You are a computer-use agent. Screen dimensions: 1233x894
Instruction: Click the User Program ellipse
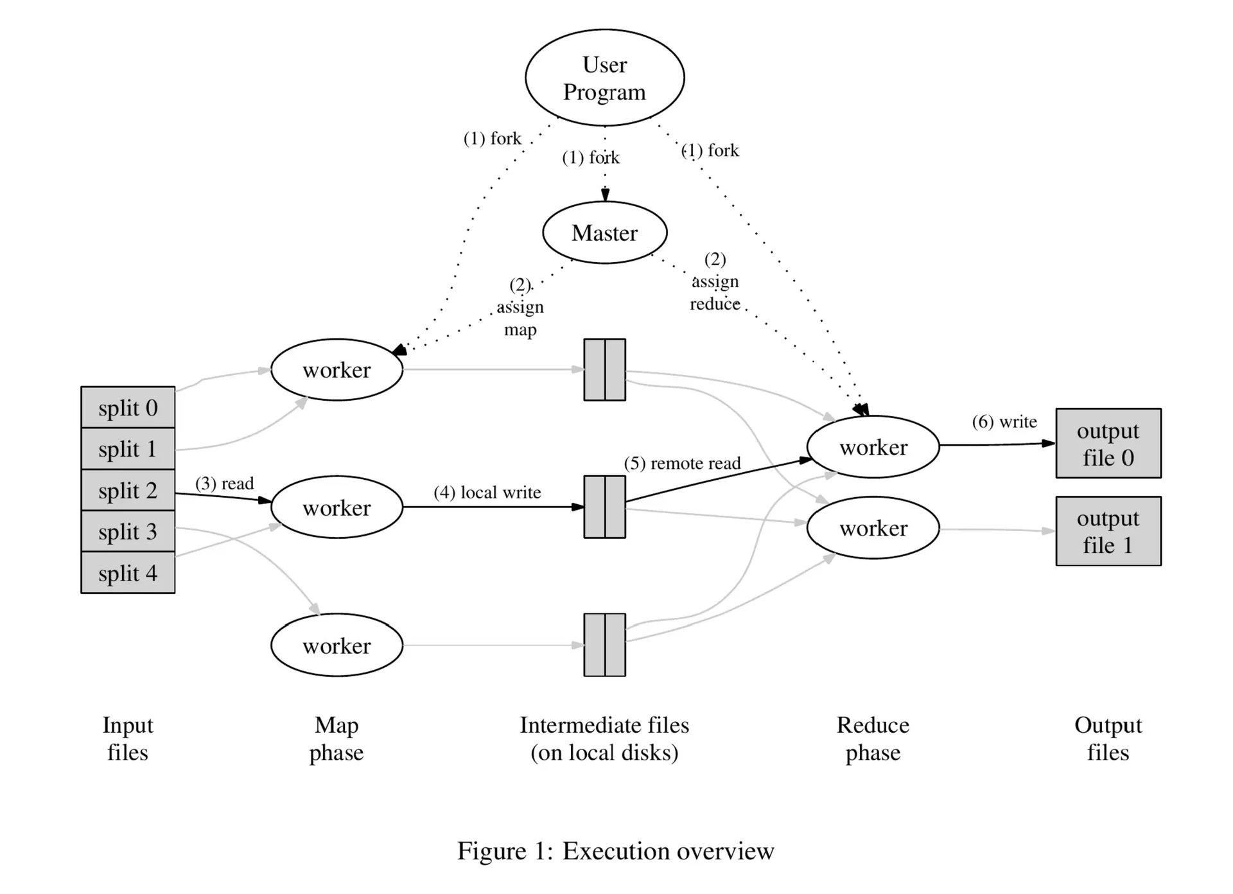[604, 78]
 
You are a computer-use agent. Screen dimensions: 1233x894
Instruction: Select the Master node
[604, 232]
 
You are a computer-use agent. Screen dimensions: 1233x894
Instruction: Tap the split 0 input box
[128, 407]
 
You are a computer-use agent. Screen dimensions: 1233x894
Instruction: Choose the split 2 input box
[128, 490]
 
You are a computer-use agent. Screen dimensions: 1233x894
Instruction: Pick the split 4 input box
[128, 572]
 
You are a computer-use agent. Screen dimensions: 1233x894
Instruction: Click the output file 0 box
[1108, 443]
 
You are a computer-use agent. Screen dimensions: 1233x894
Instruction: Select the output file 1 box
[1108, 531]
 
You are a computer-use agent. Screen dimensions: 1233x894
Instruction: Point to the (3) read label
[225, 483]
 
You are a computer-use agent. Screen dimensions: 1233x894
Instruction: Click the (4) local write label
[487, 492]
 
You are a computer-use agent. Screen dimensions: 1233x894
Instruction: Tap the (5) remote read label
[682, 463]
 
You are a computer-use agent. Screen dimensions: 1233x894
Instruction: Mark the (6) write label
[1004, 421]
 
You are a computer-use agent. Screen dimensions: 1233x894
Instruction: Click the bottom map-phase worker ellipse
[337, 645]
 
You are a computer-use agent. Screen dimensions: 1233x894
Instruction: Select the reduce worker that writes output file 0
[873, 447]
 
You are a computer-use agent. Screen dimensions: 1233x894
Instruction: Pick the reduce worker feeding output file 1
[873, 528]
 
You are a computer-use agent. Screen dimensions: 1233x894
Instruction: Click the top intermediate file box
[604, 370]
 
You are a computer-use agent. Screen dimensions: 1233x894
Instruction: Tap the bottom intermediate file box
[604, 645]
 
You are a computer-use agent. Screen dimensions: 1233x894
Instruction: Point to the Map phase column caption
[337, 739]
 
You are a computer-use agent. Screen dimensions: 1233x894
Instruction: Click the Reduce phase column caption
[873, 739]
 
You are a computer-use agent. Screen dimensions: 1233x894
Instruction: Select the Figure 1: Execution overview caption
[616, 851]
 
